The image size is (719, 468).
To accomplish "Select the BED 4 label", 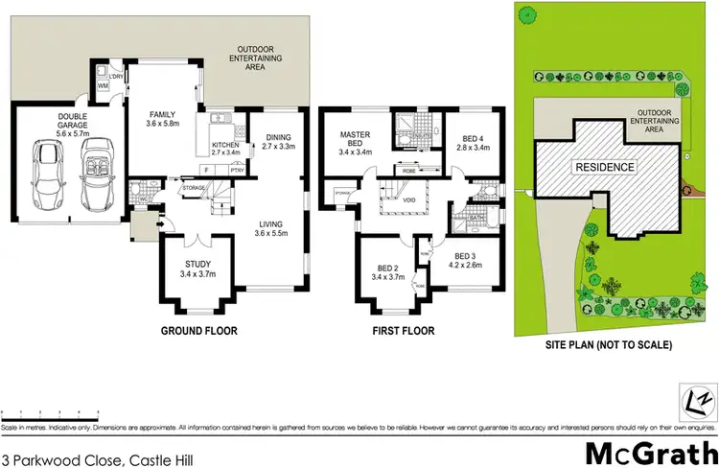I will pos(474,143).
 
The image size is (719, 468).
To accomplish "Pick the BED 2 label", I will pos(388,272).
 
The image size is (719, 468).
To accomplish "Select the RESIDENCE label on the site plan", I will pos(604,167).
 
